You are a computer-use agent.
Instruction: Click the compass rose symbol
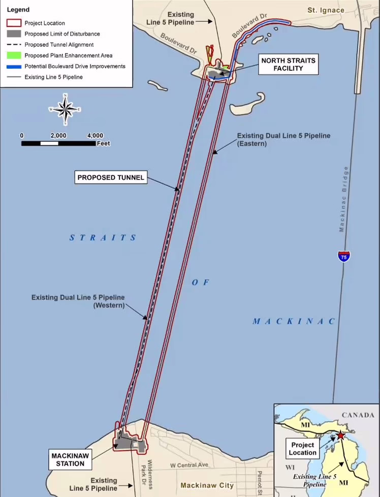65,109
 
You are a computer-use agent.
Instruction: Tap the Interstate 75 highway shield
344,256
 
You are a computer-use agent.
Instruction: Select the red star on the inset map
339,435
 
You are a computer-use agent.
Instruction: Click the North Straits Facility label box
288,65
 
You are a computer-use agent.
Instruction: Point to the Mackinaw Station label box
70,459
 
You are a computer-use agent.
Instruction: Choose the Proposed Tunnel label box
111,177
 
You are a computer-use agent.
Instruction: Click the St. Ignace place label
326,10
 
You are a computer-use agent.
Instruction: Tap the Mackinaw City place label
207,485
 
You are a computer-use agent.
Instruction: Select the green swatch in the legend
14,55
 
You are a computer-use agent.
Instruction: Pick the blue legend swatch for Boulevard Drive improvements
14,66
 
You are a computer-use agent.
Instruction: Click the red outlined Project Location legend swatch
14,23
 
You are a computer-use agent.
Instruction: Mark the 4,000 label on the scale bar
95,136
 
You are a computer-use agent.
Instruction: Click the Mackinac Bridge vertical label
344,199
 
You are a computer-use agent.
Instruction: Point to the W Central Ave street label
189,465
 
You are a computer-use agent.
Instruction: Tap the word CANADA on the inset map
358,415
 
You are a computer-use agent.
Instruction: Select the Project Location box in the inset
303,449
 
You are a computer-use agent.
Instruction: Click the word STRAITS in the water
103,237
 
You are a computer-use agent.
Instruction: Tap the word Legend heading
18,10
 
